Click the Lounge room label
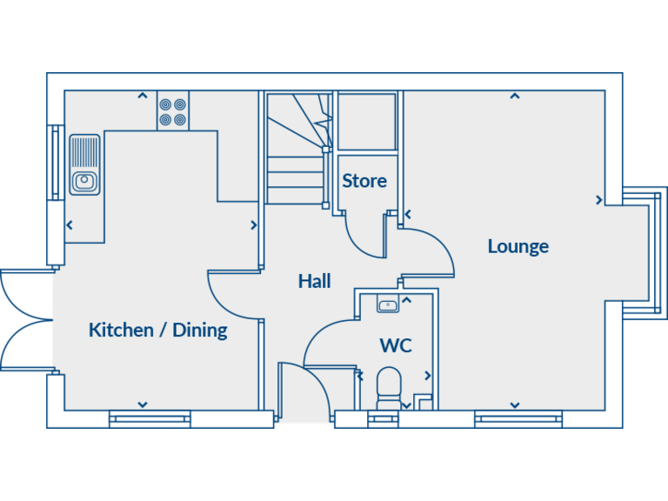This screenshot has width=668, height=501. tap(518, 246)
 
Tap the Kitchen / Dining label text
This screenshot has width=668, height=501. tap(157, 330)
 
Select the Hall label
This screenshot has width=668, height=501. tap(314, 281)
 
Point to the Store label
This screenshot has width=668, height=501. tap(364, 181)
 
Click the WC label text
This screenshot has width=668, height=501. tap(395, 345)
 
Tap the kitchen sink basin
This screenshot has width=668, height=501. tap(84, 181)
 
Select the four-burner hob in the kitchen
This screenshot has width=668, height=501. tap(173, 111)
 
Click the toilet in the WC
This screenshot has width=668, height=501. tap(388, 384)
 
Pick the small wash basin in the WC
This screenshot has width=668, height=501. tap(388, 304)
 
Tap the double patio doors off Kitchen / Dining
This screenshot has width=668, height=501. tap(26, 320)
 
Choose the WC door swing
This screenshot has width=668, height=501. tap(329, 344)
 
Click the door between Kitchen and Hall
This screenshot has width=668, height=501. tap(233, 296)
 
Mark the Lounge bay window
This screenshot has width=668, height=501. tap(645, 252)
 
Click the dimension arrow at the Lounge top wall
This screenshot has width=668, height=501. tap(515, 96)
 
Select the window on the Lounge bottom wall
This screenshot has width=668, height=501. tap(518, 420)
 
